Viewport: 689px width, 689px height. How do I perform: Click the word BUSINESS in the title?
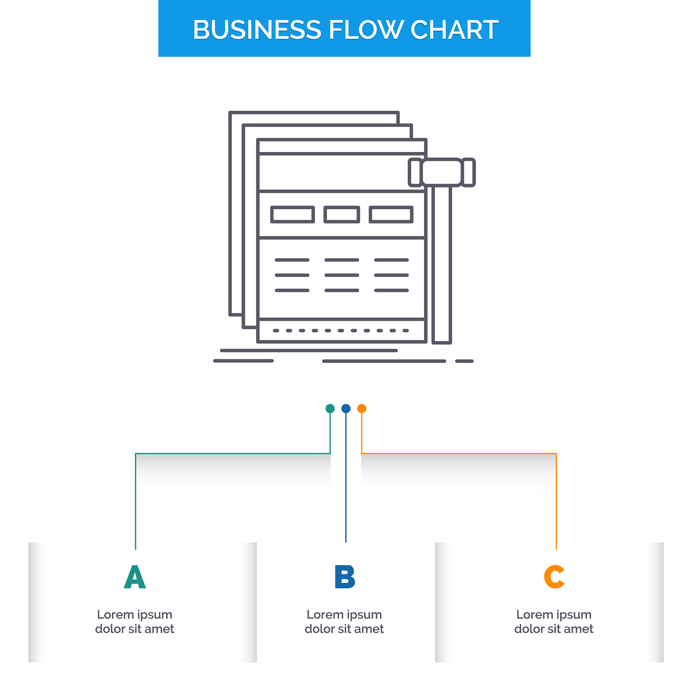(x=257, y=30)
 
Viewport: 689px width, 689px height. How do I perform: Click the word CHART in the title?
(x=454, y=30)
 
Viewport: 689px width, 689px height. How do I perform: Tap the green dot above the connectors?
(x=330, y=409)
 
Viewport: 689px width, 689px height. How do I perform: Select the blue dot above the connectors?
(x=346, y=409)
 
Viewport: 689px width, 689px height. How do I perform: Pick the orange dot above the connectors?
(x=362, y=409)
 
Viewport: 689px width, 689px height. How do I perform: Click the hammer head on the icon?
(x=442, y=173)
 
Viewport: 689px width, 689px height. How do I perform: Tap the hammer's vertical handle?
(x=442, y=265)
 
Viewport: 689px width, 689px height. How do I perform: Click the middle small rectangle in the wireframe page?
(x=342, y=215)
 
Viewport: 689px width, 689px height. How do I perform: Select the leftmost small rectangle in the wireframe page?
(x=292, y=215)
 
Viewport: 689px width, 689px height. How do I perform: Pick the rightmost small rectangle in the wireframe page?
(x=391, y=215)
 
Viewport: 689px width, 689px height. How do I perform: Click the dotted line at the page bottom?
(x=341, y=331)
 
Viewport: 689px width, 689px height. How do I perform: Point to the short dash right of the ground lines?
(x=464, y=361)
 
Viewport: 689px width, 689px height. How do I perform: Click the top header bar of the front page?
(x=342, y=147)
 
